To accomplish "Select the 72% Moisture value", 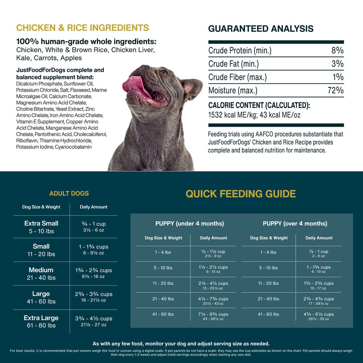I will tap(335, 90).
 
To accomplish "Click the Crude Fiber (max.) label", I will tap(237, 77).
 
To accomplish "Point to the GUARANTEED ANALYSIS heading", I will tap(261, 29).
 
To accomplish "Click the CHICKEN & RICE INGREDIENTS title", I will tap(82, 28).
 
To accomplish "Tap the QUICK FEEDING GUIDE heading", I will tap(241, 194).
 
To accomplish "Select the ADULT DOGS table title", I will tap(69, 193).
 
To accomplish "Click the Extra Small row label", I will tap(41, 224).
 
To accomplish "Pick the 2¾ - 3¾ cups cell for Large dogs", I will tap(93, 294).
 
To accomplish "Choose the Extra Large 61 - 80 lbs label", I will tap(41, 322).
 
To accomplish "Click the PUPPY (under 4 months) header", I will tap(189, 224).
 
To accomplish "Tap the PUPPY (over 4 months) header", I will tap(295, 224).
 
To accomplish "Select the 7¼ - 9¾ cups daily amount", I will tap(213, 314).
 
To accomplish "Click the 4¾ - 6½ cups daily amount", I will tap(318, 314).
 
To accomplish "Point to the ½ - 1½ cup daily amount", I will tap(213, 252).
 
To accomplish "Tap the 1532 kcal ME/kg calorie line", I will tap(254, 115).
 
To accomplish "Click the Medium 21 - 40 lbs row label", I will tap(41, 274).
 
